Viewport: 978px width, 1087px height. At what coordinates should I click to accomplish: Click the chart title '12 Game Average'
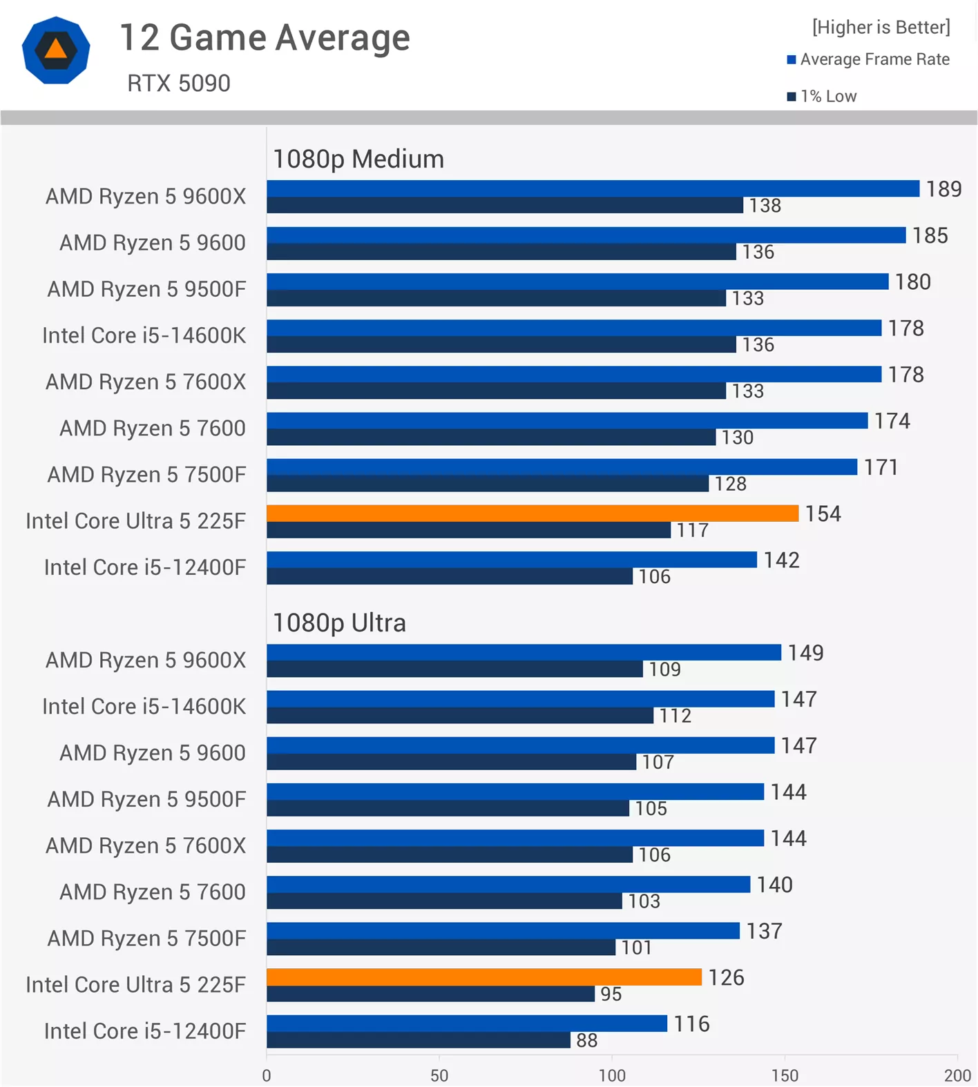pos(265,37)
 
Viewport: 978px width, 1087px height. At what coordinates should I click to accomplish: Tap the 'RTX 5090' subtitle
pos(178,84)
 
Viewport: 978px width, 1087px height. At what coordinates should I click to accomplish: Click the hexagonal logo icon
pos(56,50)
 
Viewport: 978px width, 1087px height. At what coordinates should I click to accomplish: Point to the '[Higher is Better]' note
pos(881,27)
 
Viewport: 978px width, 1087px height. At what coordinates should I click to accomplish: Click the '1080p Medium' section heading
pos(358,159)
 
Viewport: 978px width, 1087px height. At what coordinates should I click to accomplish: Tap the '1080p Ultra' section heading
pos(339,623)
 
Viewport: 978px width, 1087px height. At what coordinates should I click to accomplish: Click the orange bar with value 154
pos(532,513)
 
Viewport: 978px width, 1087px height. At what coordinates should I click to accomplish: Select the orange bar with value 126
pos(483,977)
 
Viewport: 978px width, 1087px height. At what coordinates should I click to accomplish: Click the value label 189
pos(943,189)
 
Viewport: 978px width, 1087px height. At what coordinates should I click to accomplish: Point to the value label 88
pos(586,1040)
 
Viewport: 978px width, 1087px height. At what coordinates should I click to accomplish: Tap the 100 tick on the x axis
pos(612,1075)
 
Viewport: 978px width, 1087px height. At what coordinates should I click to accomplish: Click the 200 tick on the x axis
pos(957,1075)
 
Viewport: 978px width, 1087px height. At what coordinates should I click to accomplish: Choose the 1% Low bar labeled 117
pos(468,530)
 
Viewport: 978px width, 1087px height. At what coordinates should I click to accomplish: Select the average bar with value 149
pos(524,652)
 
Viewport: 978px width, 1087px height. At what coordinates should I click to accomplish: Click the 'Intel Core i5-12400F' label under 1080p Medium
pos(145,567)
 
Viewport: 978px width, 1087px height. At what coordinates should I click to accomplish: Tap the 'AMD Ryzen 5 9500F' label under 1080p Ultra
pos(146,799)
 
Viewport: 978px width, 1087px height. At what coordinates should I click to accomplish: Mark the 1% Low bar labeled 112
pos(460,716)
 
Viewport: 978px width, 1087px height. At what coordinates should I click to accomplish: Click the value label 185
pos(930,236)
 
